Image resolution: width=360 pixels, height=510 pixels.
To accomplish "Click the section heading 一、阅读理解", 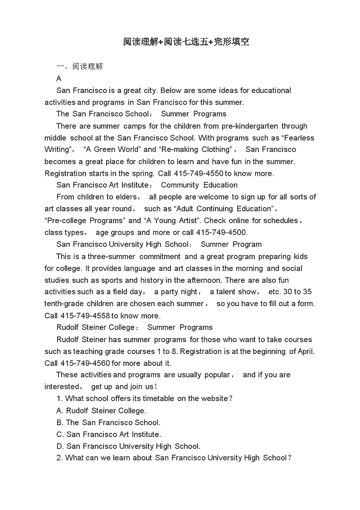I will tap(80, 67).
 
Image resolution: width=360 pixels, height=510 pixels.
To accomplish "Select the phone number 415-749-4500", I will tap(221, 233).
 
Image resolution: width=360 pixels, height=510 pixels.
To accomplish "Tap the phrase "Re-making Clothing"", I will tap(195, 150).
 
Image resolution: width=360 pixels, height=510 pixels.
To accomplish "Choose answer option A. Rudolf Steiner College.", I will tap(101, 411).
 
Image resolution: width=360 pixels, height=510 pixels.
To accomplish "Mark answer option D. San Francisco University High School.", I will tap(128, 446).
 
